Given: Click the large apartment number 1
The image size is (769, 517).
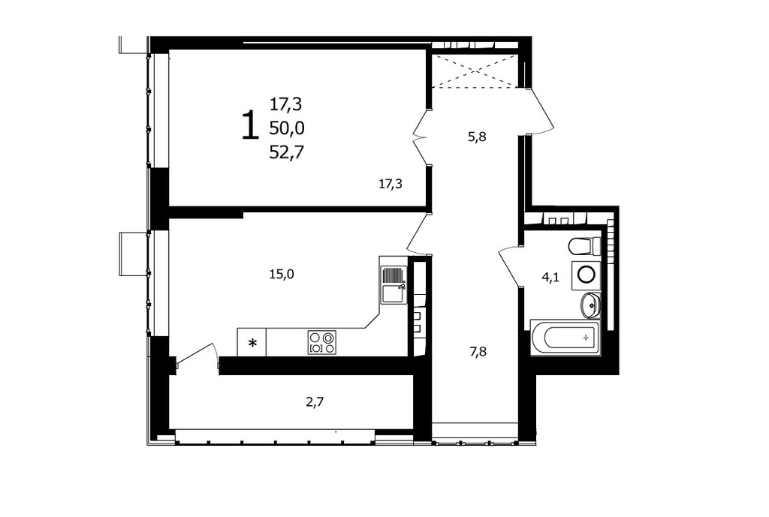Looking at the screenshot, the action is coord(250,125).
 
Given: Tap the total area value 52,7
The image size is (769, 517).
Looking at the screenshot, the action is coord(287,153).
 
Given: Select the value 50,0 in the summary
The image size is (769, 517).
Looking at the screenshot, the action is coord(287,128).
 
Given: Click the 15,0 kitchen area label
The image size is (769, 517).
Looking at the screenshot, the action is coord(282,275).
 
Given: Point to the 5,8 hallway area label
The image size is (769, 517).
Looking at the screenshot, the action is coord(477,137).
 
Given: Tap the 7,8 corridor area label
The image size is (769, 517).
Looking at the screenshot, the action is coord(478,351).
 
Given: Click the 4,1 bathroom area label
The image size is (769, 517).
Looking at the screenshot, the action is coord(550,278).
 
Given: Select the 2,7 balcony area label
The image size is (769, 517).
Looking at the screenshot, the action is coord(315,402).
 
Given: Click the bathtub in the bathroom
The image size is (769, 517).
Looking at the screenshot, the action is coord(565,337).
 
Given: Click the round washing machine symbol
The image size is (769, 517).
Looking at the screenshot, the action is coord(586,274).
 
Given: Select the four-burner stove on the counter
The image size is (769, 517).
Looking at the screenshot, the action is coord(322,343).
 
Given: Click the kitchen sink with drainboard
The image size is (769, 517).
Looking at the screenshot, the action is coord(394,284).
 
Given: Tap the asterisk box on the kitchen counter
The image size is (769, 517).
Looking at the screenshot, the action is coord(252,343).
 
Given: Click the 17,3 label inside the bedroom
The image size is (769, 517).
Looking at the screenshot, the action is coord(391,185).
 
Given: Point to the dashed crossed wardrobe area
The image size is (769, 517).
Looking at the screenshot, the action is coord(475,71).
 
